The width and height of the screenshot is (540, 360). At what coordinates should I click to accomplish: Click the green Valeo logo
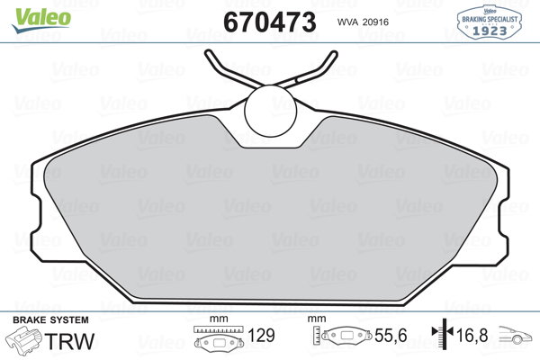(41, 20)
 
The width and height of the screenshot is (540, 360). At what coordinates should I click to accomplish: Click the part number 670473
(270, 22)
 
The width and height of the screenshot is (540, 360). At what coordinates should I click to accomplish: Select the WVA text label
(347, 22)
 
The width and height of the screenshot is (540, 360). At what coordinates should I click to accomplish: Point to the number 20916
(375, 22)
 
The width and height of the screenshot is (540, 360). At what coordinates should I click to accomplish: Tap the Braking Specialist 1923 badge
(490, 22)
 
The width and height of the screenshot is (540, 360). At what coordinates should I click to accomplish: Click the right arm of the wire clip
(308, 70)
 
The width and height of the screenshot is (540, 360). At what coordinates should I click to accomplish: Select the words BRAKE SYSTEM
(50, 320)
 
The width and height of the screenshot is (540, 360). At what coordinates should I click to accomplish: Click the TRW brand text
(69, 341)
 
